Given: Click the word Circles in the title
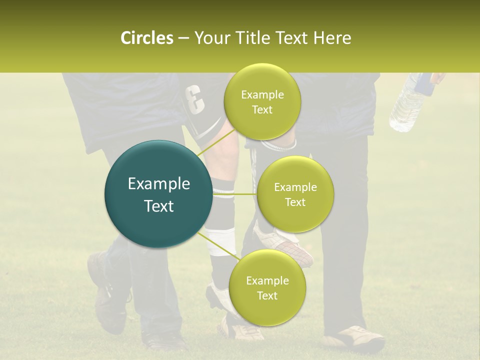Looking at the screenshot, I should [x=146, y=38].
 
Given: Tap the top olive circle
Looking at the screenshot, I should [x=262, y=102].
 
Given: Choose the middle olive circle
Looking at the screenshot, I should [x=295, y=194].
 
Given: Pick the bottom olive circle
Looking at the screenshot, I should [x=267, y=287].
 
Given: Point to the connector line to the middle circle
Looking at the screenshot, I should [x=235, y=194].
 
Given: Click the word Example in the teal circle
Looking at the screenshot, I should [x=159, y=184].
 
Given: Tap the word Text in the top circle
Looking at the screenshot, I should [x=262, y=110].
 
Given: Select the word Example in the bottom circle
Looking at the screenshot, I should [x=267, y=280].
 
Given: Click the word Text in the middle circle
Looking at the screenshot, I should [x=295, y=202].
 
